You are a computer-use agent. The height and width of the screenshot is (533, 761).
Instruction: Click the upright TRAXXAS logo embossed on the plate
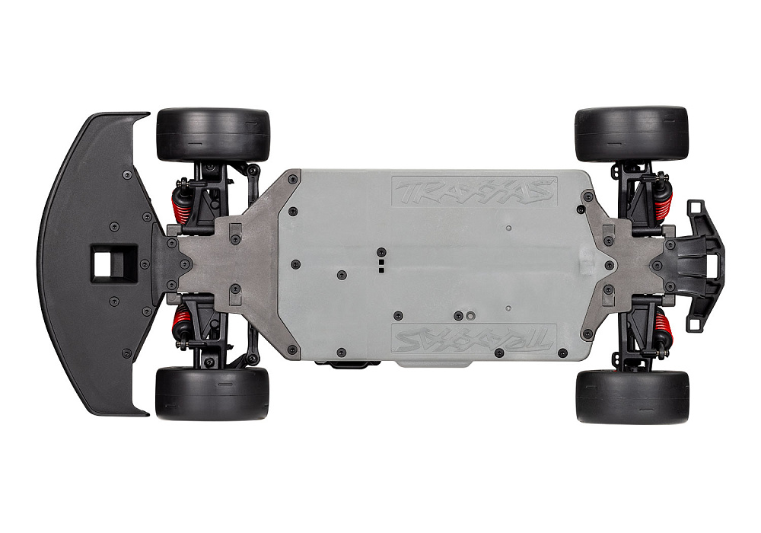pos(473,192)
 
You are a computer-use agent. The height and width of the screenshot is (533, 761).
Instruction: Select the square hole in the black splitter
pos(113,263)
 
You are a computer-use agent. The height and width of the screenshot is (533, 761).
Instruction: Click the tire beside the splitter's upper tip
pos(213,135)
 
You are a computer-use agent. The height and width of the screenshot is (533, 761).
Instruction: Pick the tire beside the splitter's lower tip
pos(212,394)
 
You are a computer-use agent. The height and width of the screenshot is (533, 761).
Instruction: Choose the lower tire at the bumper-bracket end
pos(632,397)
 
